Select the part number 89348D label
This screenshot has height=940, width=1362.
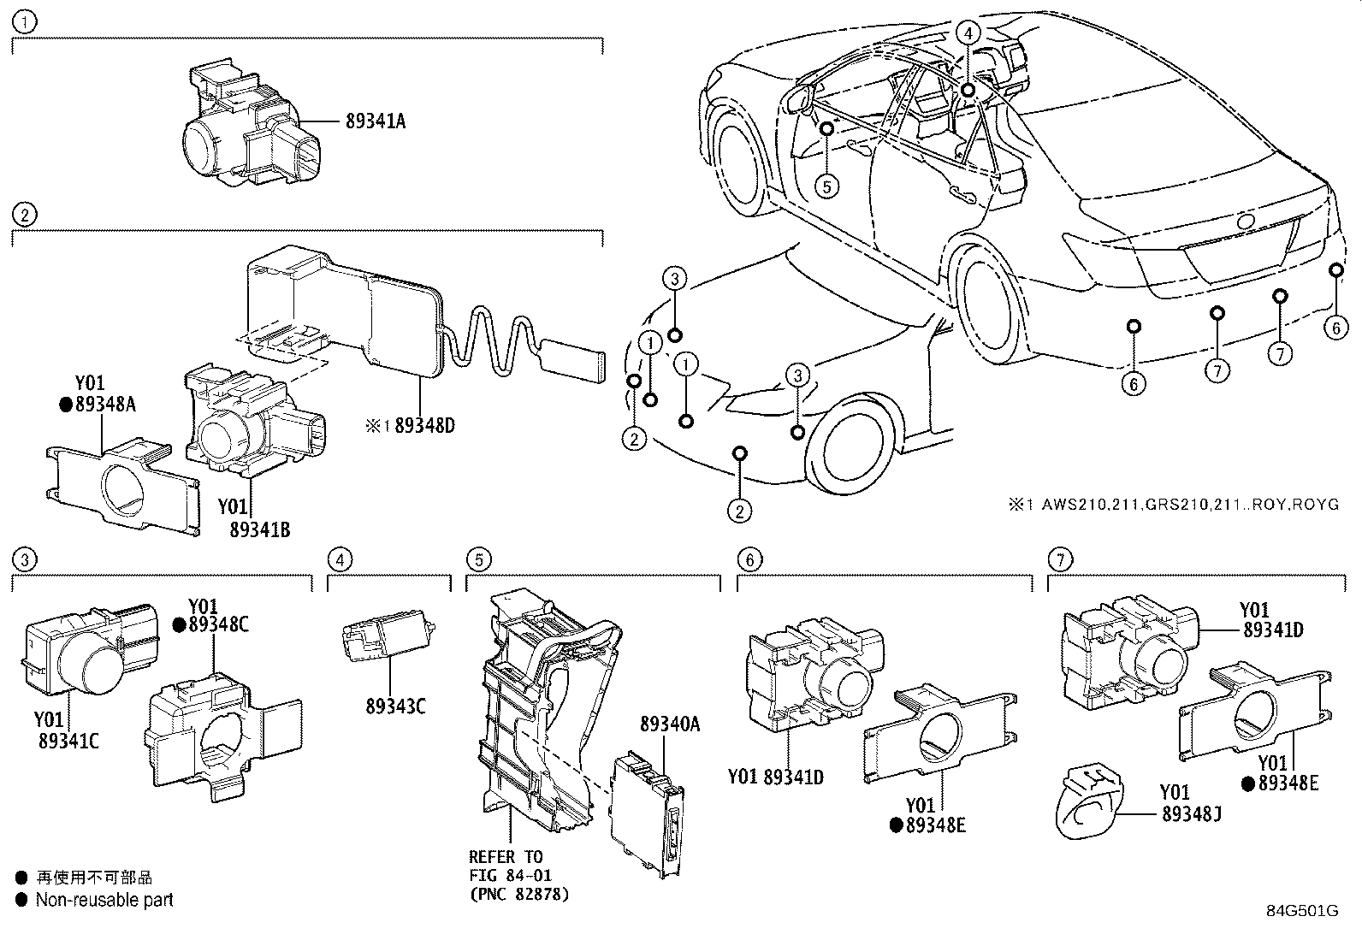[x=423, y=425]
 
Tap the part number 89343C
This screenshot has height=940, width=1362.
[x=395, y=706]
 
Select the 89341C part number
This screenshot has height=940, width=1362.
[x=68, y=741]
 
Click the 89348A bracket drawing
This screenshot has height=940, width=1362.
[x=120, y=488]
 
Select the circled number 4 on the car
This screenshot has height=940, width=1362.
[x=968, y=33]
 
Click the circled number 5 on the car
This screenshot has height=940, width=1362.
[x=826, y=185]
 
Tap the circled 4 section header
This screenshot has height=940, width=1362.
[x=340, y=560]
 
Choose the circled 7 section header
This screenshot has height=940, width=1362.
[x=1059, y=560]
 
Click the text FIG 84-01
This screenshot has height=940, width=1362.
[x=510, y=875]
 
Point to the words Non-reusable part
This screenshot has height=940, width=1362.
[x=104, y=900]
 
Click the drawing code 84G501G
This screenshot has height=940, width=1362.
[x=1301, y=911]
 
